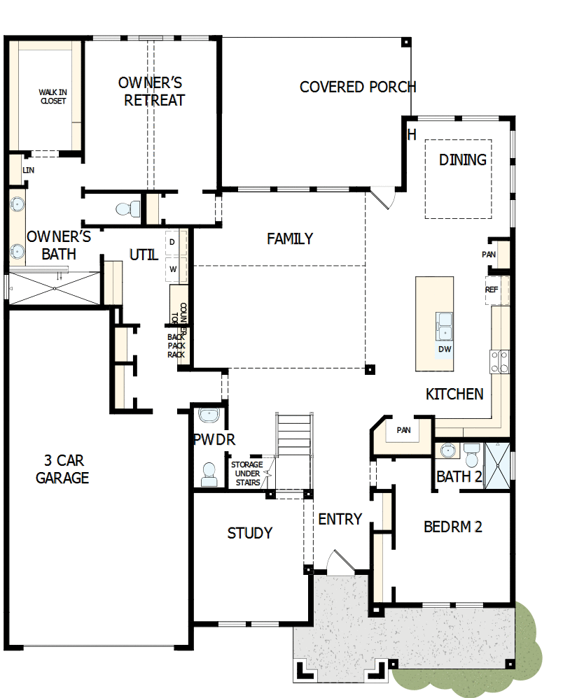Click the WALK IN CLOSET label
tap(52, 97)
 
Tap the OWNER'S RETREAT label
tap(153, 92)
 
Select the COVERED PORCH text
tap(357, 87)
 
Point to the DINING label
tap(462, 160)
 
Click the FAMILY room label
tap(289, 239)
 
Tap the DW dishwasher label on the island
tap(444, 349)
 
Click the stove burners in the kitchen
tap(499, 361)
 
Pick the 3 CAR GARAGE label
tap(62, 469)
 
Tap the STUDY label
tap(249, 534)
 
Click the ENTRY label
tap(340, 520)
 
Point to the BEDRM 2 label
tap(452, 527)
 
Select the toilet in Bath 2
tap(471, 455)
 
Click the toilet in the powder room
tap(209, 474)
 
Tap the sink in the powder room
tap(208, 415)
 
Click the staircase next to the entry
tap(293, 441)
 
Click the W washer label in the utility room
tap(173, 268)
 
